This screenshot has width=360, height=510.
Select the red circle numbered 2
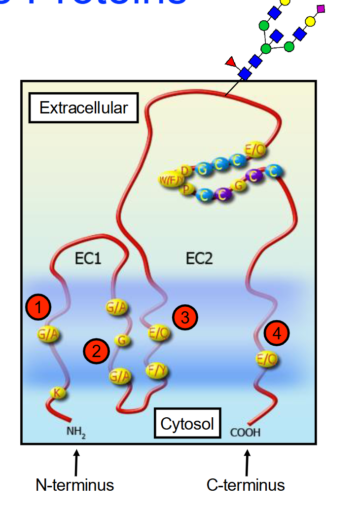point(96,351)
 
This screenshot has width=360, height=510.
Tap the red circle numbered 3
point(185,318)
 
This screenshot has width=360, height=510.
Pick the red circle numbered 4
point(276,333)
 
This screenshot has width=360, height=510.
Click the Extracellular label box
point(83,108)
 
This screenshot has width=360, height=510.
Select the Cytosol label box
point(187,423)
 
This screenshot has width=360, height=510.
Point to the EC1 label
point(89,258)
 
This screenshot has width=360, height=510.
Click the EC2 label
point(199,258)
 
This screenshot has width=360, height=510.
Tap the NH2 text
point(76,432)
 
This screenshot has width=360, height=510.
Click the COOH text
point(245,433)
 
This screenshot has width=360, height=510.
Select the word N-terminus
point(74,485)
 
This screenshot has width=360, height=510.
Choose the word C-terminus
point(246,485)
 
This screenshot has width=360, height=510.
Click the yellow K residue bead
point(58,393)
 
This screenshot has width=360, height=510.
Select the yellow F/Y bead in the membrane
point(158,370)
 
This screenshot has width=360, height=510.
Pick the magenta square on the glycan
point(321,8)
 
